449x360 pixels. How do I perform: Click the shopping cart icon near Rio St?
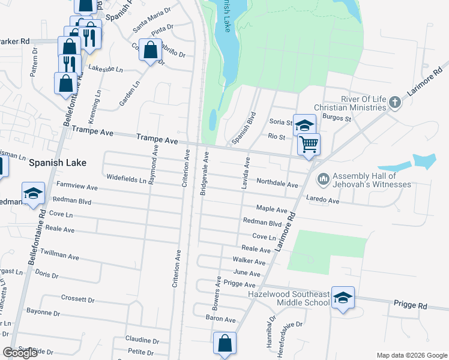coord(309,144)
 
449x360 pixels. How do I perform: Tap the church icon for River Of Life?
coord(394,102)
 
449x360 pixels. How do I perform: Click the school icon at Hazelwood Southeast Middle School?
coord(342,298)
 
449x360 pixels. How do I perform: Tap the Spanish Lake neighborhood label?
coord(58,163)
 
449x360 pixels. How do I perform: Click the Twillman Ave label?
coord(61,256)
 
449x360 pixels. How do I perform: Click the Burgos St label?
coord(337,119)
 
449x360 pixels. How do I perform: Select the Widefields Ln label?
coord(126,179)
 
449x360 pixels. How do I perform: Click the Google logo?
coord(20,353)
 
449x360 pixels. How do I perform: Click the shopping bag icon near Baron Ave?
coord(224,344)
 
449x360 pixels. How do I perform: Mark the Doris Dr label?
coord(47,275)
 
